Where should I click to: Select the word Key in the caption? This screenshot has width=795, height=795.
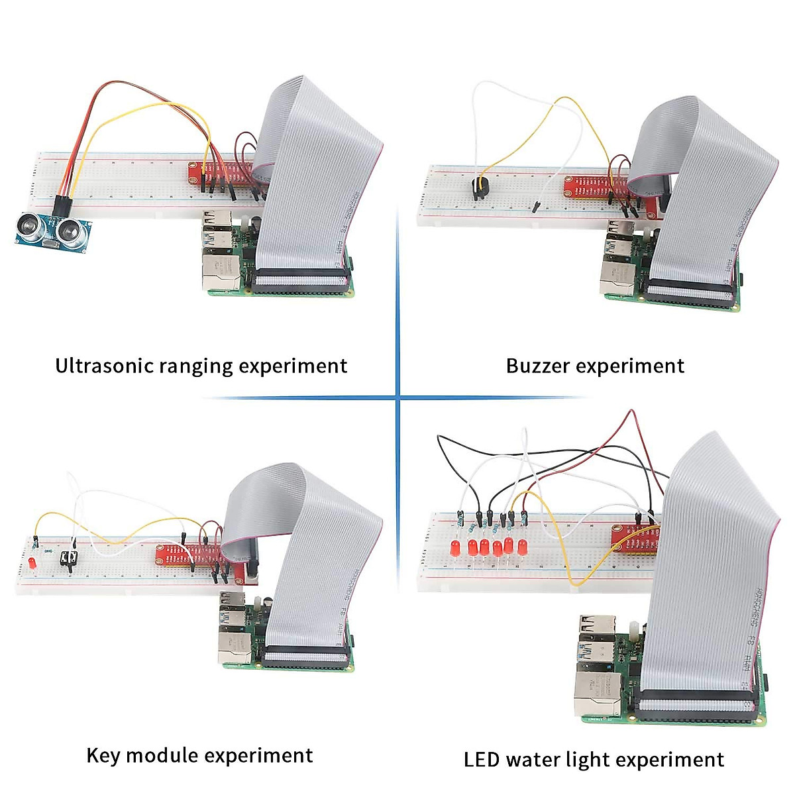pyautogui.click(x=103, y=755)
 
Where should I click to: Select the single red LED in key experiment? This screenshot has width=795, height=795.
pyautogui.click(x=32, y=562)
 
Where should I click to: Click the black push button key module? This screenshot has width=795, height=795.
pyautogui.click(x=69, y=558)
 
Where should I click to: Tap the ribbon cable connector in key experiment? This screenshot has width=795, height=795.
pyautogui.click(x=305, y=658)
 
